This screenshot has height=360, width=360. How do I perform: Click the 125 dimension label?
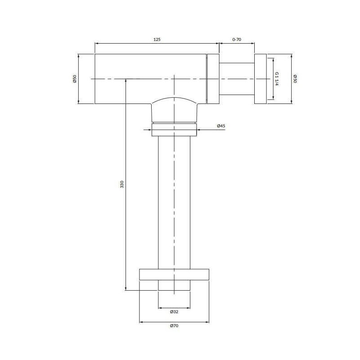tap(157, 40)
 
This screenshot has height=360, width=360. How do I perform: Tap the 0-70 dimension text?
tap(237, 40)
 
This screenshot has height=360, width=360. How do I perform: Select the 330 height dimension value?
tap(122, 184)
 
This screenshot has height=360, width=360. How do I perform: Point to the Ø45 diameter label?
tap(221, 126)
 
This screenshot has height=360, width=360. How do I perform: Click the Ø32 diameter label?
tap(174, 311)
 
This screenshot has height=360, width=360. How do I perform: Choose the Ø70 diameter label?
tap(174, 325)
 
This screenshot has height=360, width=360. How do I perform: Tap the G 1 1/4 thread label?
tap(277, 79)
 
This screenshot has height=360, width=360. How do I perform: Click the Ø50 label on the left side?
tap(75, 79)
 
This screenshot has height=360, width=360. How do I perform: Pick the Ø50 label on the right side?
tap(295, 79)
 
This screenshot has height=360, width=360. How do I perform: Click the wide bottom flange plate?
tap(174, 274)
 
